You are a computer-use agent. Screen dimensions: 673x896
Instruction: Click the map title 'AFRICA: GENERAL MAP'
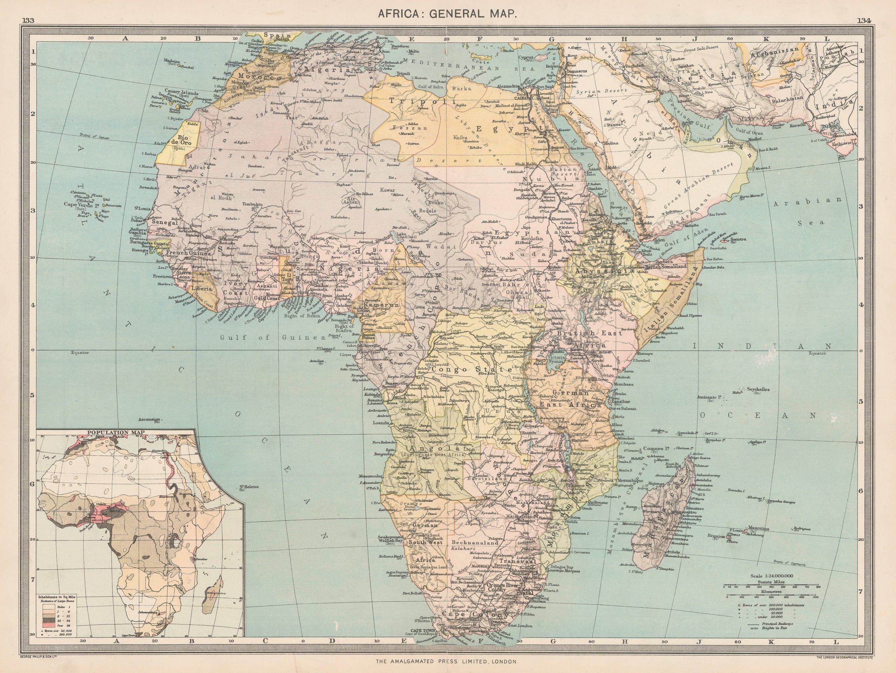point(447,13)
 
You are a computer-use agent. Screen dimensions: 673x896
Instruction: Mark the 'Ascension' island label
point(150,420)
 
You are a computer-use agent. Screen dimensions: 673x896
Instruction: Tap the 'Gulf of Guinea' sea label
point(274,337)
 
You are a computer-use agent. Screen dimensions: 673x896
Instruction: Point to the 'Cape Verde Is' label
point(80,205)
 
